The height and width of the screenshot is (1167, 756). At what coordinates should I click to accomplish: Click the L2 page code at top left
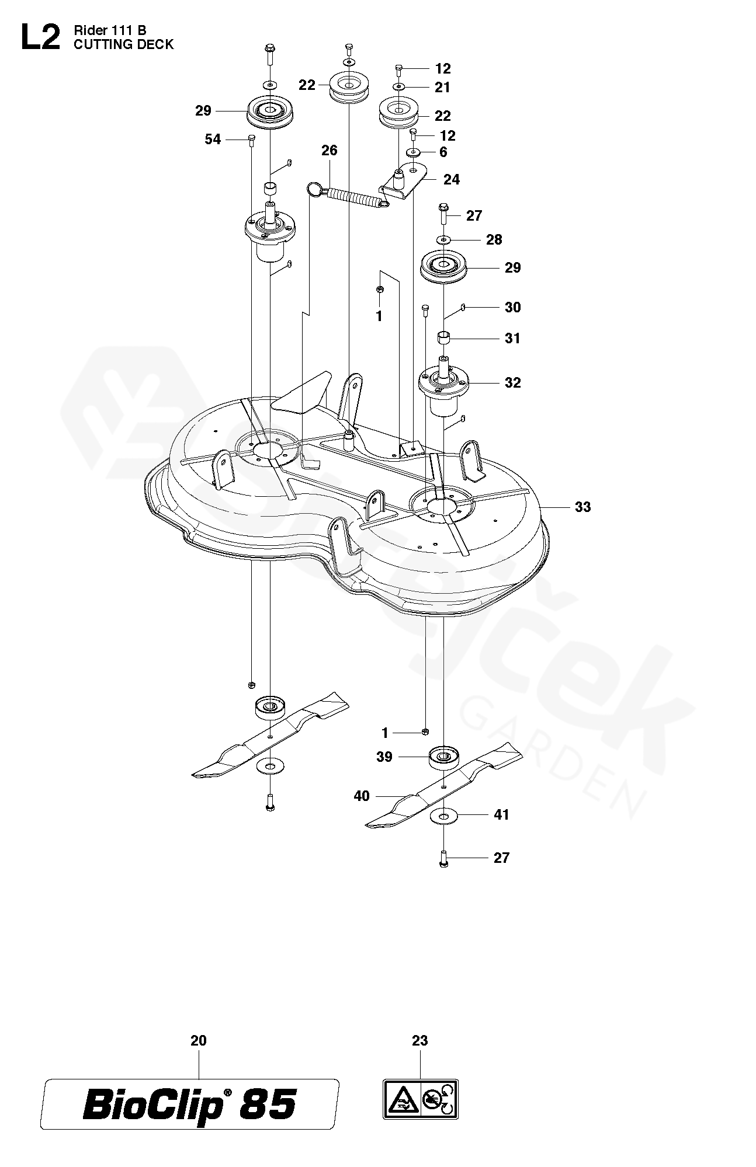[40, 39]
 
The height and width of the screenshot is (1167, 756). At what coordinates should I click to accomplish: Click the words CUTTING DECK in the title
[123, 44]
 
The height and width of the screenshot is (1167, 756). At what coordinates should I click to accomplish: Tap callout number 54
[213, 139]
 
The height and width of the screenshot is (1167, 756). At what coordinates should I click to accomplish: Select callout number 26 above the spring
[330, 151]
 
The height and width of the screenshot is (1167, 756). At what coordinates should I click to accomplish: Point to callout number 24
[452, 179]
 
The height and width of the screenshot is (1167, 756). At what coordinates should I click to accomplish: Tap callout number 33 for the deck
[582, 507]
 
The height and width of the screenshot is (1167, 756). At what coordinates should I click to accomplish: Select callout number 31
[512, 338]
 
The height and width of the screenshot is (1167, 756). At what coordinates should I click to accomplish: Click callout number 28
[494, 239]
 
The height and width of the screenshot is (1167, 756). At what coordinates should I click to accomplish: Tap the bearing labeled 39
[443, 757]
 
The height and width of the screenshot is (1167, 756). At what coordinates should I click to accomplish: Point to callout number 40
[362, 795]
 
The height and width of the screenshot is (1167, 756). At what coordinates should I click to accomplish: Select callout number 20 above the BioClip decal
[199, 1040]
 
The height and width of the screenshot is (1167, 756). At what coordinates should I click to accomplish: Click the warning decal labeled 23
[421, 1098]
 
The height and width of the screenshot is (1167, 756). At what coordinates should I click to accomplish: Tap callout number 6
[443, 152]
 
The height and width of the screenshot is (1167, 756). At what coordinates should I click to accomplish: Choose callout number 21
[443, 87]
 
